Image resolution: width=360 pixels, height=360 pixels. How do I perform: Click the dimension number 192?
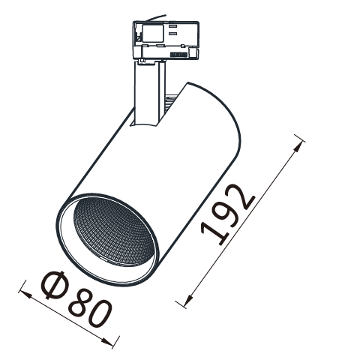228,214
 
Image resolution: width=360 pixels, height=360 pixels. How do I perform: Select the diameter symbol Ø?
53,285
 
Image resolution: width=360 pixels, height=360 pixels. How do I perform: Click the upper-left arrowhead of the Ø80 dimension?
25,294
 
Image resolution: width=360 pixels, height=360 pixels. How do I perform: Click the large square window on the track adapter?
153,33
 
